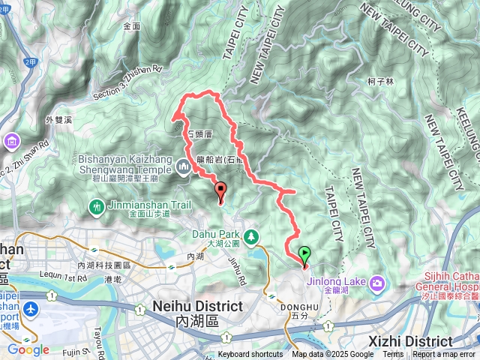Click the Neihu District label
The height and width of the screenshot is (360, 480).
(x=197, y=307)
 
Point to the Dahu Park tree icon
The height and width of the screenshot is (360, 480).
(x=253, y=236)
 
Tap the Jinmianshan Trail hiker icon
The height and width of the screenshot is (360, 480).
(x=97, y=206)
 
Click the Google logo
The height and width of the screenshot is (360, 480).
(x=28, y=349)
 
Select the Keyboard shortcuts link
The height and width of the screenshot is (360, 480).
(x=250, y=355)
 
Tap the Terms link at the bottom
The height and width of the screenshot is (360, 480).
(x=393, y=355)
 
